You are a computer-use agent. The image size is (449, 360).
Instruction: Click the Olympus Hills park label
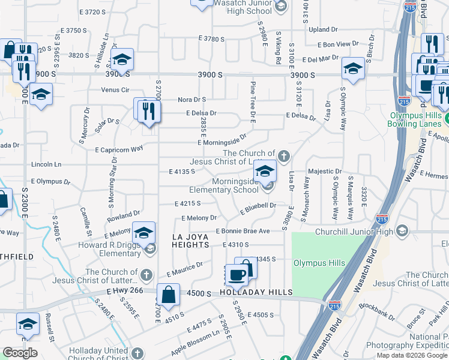319,263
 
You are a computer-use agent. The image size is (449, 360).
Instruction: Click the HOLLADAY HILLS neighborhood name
255,292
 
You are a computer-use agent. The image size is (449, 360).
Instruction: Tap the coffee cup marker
237,275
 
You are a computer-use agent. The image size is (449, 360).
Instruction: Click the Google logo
20,353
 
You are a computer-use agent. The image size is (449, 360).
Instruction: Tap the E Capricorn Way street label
119,148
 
